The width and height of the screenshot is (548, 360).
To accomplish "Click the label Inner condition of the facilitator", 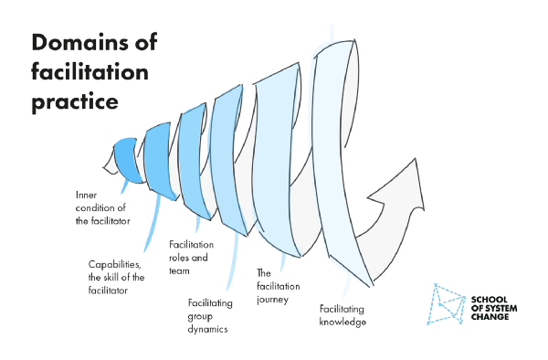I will pos(102,207).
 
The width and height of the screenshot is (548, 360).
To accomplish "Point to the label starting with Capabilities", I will pos(114,278).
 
